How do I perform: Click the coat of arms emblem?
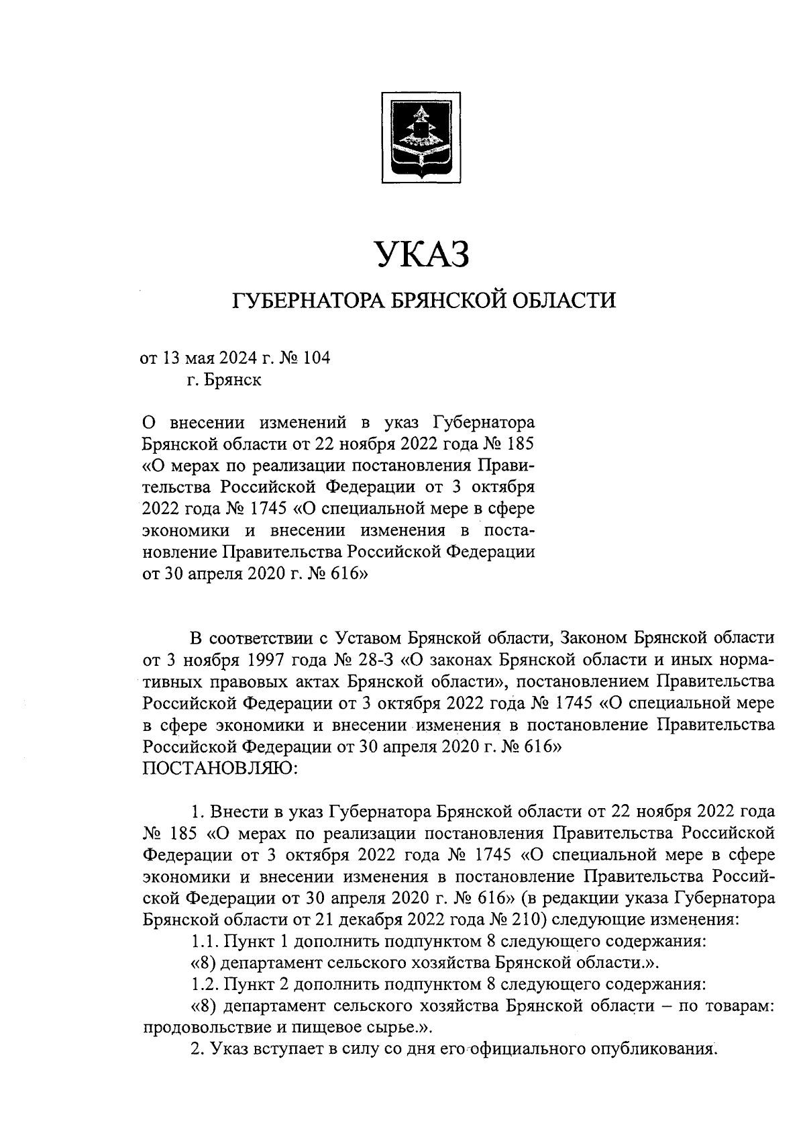coord(421,138)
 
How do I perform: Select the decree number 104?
coord(317,358)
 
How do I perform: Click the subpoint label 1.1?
coord(204,940)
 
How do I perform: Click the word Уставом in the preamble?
coord(368,637)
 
